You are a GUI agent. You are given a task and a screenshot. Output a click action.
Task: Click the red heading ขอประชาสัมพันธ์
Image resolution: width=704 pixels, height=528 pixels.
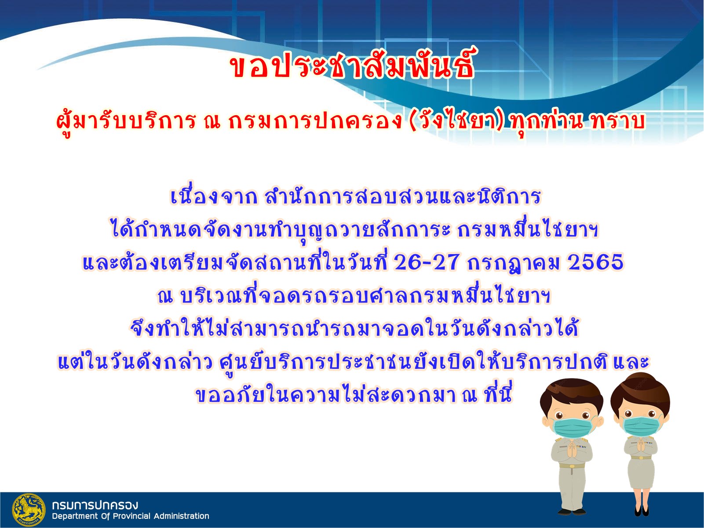[x=352, y=65]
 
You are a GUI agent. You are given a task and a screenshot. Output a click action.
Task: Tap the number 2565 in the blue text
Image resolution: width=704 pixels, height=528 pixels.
[x=595, y=262]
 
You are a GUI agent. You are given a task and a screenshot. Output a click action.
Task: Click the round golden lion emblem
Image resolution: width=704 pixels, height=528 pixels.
[x=29, y=510]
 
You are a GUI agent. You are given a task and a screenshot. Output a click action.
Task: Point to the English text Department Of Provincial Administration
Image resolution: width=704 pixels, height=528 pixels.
[x=131, y=516]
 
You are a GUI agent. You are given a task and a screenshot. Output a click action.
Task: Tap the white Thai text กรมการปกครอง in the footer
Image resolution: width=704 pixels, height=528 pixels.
[x=95, y=505]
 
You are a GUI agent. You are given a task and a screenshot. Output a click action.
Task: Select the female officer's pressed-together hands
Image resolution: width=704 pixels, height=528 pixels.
[x=641, y=446]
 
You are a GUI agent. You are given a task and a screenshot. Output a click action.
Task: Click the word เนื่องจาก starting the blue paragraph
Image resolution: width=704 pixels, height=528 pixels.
[x=214, y=196]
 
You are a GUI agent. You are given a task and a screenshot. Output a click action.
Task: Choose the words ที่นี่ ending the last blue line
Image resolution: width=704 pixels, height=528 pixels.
[x=497, y=394]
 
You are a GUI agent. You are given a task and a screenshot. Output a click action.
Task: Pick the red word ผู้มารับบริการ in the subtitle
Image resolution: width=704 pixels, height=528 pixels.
[x=125, y=122]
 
